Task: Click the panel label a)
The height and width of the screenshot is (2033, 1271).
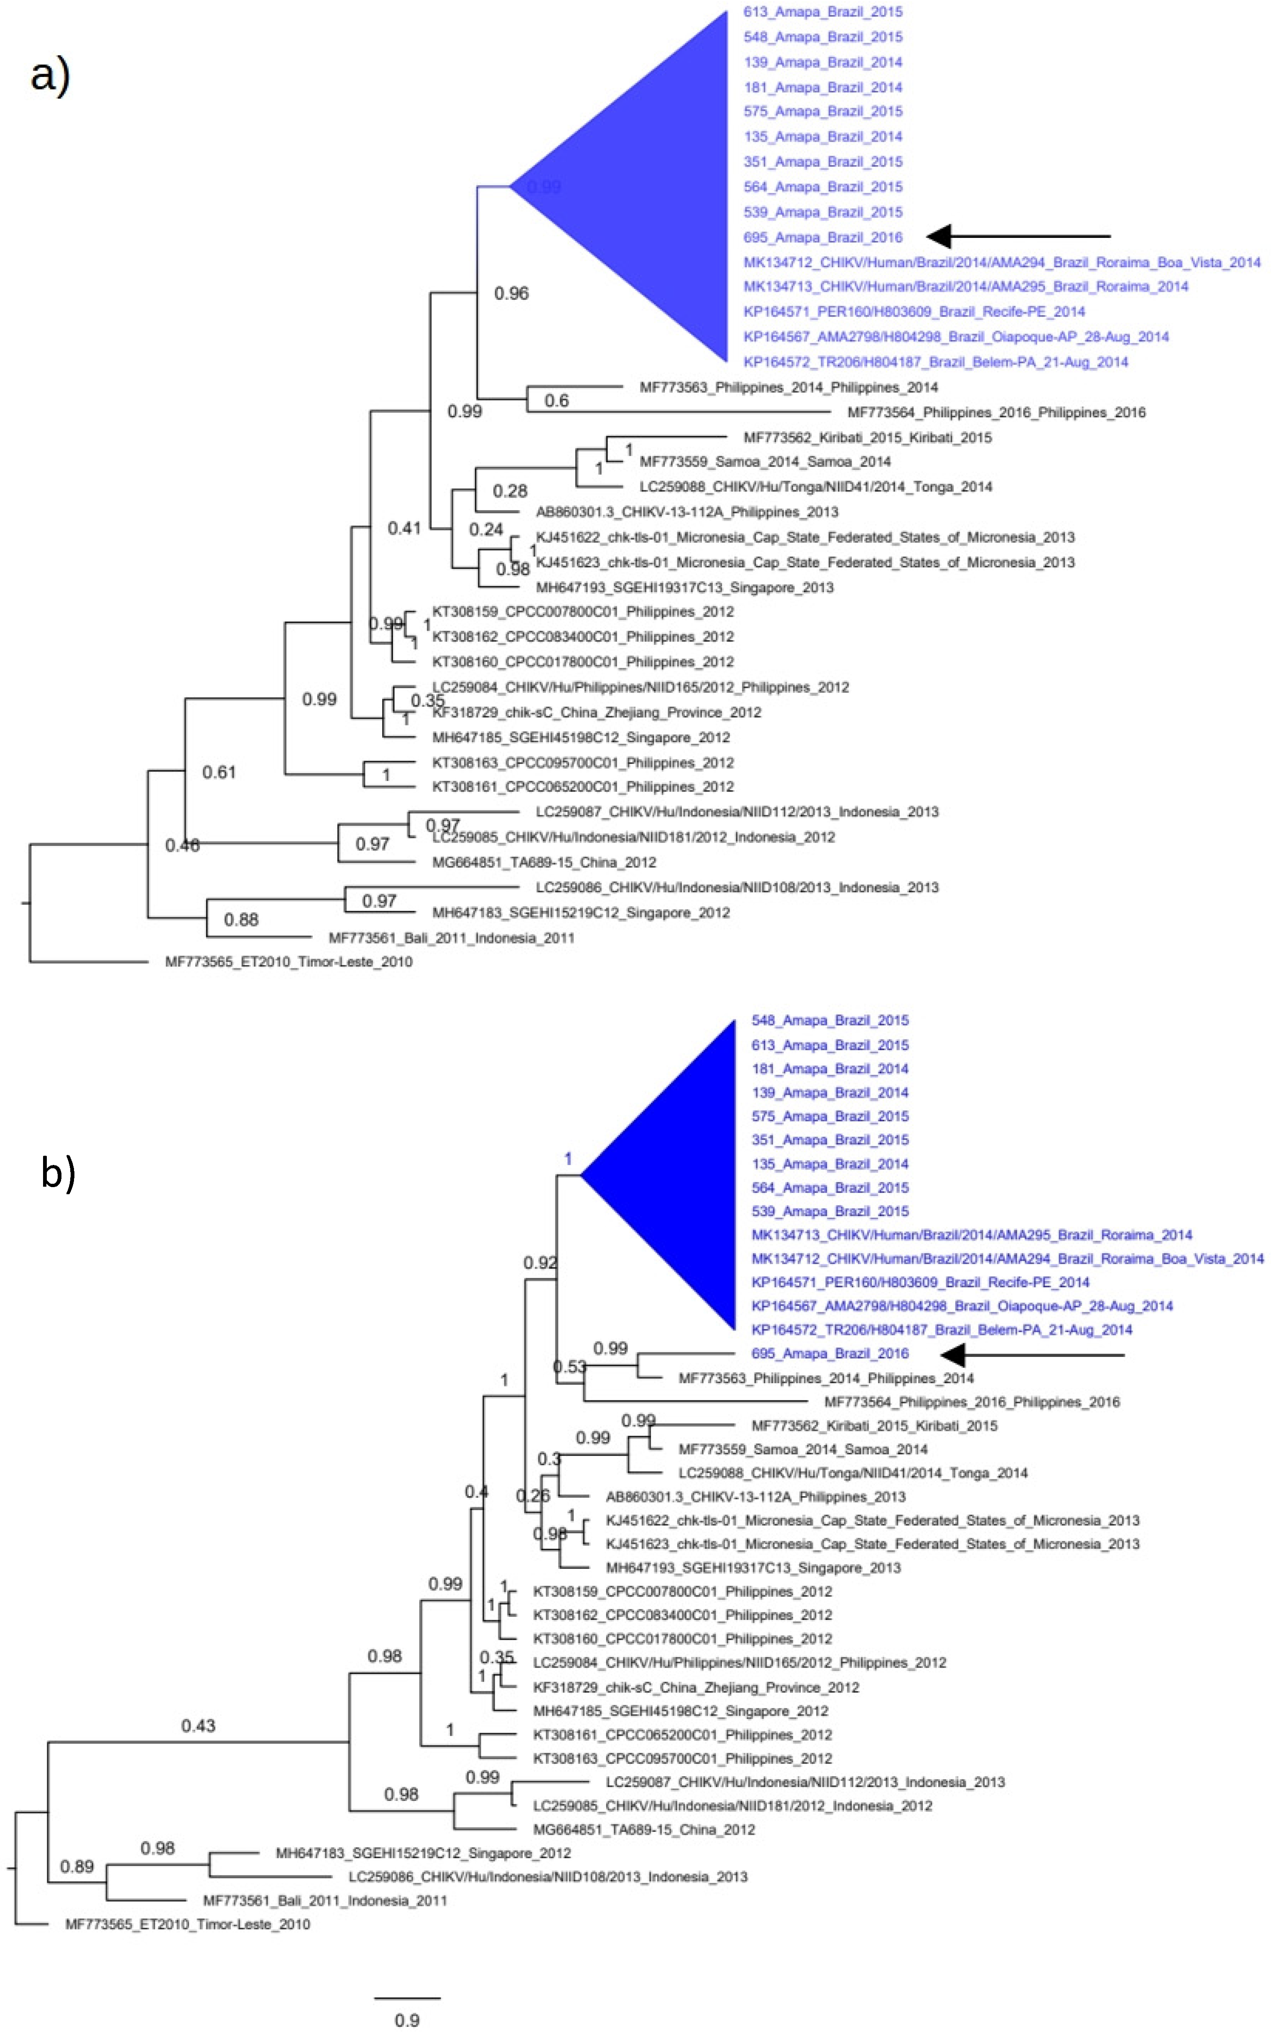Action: [51, 76]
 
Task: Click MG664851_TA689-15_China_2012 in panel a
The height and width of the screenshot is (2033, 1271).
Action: [544, 862]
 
